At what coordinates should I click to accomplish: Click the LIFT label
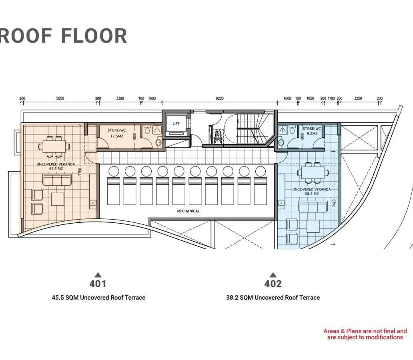click(176, 123)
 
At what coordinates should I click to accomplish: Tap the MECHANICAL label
click(188, 211)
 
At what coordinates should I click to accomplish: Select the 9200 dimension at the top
click(220, 98)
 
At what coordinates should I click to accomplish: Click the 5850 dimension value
click(60, 98)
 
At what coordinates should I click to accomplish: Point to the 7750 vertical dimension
click(80, 172)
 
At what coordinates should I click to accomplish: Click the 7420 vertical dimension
click(334, 203)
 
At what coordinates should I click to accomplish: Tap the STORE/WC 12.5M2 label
click(117, 133)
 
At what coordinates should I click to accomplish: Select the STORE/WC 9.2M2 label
click(312, 131)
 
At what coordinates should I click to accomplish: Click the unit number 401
click(98, 284)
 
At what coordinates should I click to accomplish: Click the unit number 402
click(273, 284)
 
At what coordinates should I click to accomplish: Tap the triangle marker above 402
click(273, 275)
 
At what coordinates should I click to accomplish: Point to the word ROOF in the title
click(26, 36)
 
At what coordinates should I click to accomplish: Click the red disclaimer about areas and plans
click(365, 334)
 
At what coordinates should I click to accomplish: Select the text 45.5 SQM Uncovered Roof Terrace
click(98, 298)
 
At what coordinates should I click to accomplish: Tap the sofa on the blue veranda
click(313, 206)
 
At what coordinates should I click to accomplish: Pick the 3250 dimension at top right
click(358, 98)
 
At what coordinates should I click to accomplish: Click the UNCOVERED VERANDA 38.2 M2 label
click(312, 192)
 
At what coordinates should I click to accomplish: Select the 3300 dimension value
click(120, 98)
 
